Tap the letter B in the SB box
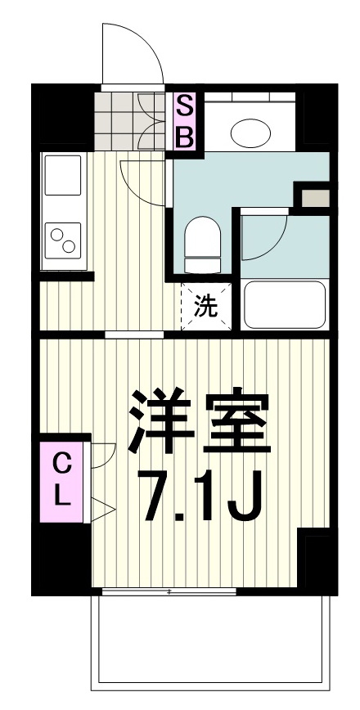click(186, 136)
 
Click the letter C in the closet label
click(62, 464)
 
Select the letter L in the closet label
click(62, 493)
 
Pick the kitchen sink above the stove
click(62, 182)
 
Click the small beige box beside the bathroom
click(315, 197)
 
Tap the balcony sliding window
click(168, 590)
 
